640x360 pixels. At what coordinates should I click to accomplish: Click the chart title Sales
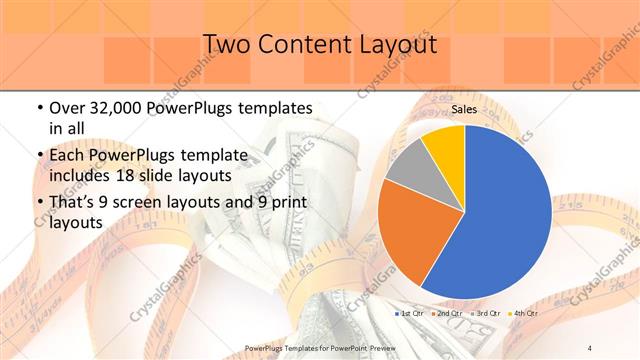[x=463, y=110]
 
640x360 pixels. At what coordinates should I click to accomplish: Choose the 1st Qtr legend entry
[x=410, y=314]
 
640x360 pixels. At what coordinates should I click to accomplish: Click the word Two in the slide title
[x=226, y=44]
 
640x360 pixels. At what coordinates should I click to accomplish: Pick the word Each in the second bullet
[x=68, y=156]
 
